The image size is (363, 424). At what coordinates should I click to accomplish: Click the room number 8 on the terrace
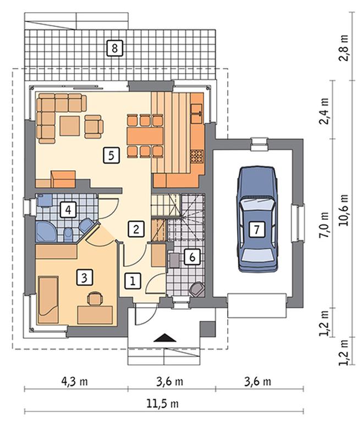click(114, 48)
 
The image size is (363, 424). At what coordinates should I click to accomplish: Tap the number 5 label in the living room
click(111, 155)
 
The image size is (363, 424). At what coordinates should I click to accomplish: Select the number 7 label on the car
click(256, 230)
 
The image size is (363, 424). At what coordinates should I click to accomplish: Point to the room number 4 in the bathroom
click(68, 210)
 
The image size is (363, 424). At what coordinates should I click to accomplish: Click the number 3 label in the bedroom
click(85, 277)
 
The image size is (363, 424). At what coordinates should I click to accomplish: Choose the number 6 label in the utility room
click(192, 257)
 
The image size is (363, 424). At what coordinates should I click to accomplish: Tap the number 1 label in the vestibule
click(133, 281)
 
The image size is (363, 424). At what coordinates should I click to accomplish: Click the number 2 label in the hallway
click(136, 230)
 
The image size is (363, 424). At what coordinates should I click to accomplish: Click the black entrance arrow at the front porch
click(165, 338)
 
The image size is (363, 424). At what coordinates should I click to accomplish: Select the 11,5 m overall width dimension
click(163, 404)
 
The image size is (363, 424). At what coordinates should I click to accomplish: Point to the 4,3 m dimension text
click(75, 382)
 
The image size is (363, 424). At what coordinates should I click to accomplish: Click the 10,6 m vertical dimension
click(343, 210)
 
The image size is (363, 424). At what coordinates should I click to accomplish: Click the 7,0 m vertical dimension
click(324, 225)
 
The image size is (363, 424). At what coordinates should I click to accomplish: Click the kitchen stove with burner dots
click(197, 157)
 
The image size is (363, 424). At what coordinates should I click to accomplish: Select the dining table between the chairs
click(145, 136)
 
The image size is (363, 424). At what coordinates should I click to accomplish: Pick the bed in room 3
click(48, 300)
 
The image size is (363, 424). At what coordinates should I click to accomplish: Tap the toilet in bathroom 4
click(68, 234)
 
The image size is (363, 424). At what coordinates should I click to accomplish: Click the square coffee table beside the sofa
click(70, 126)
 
